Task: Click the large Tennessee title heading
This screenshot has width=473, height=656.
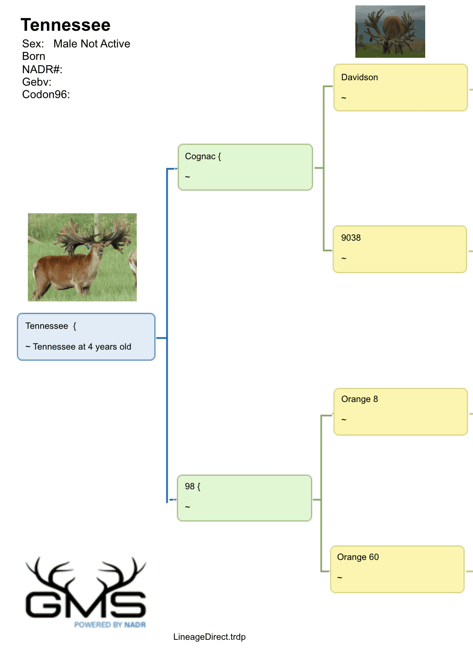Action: pyautogui.click(x=66, y=25)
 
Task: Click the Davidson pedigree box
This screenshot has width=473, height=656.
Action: pyautogui.click(x=400, y=88)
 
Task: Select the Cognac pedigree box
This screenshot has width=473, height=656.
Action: pyautogui.click(x=245, y=167)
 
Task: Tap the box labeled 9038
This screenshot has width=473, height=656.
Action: pyautogui.click(x=400, y=249)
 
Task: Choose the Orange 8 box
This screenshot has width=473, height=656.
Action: pyautogui.click(x=400, y=412)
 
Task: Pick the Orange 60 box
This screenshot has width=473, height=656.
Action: pyautogui.click(x=397, y=569)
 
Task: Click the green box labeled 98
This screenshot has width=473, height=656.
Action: pyautogui.click(x=244, y=498)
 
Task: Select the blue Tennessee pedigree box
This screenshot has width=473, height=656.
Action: pyautogui.click(x=86, y=337)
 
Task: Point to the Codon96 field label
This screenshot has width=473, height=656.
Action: pyautogui.click(x=46, y=95)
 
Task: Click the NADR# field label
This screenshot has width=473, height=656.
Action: pyautogui.click(x=42, y=69)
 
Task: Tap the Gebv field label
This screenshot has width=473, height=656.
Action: pyautogui.click(x=37, y=82)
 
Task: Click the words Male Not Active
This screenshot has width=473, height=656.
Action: pyautogui.click(x=92, y=44)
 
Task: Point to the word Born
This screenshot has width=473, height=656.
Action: pyautogui.click(x=34, y=56)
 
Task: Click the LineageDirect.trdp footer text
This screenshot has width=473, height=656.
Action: pyautogui.click(x=209, y=637)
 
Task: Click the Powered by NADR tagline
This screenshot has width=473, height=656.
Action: pyautogui.click(x=110, y=625)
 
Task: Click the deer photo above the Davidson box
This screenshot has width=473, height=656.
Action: pyautogui.click(x=390, y=31)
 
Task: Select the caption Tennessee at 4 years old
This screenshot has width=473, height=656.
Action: pyautogui.click(x=82, y=347)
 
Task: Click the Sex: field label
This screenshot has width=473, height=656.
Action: pyautogui.click(x=33, y=44)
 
